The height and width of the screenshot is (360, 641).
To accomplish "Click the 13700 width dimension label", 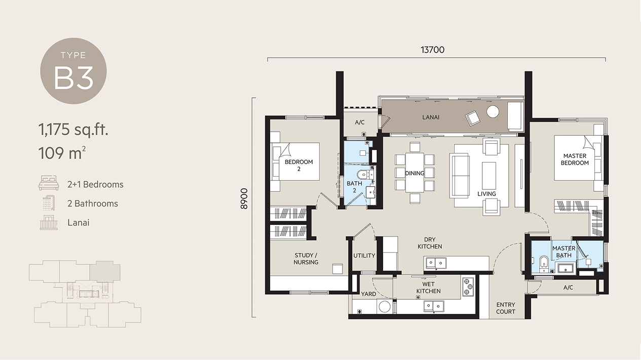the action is point(432,50).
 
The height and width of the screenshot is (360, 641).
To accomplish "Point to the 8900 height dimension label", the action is point(244,198).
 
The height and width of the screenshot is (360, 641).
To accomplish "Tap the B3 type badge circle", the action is point(73,71).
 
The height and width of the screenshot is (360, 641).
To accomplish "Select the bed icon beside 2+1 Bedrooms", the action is point(49,183).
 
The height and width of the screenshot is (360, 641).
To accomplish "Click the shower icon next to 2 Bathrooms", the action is point(49,203).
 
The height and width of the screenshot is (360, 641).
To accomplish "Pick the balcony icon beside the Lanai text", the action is point(49,222).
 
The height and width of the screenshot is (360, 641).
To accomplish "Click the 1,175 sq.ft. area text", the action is point(73,129).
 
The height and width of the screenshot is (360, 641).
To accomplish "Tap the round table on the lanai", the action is point(493,111).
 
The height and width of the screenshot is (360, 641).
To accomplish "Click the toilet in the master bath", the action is point(543,264).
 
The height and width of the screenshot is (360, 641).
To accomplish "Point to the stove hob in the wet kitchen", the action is point(468,286).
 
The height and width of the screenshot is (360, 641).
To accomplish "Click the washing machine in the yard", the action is point(385,306).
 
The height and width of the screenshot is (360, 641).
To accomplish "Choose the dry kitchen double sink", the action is point(436,263).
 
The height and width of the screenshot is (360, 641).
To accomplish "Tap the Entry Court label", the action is point(506,308).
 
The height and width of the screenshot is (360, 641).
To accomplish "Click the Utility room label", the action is point(364,256).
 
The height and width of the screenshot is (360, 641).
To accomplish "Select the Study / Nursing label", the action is point(306,259).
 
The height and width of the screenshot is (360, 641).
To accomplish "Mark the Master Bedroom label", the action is point(575,159).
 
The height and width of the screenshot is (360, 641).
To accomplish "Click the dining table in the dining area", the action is point(414,173).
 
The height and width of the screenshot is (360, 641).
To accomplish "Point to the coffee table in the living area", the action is point(489,176).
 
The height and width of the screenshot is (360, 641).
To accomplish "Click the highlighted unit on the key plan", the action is point(105,270).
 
